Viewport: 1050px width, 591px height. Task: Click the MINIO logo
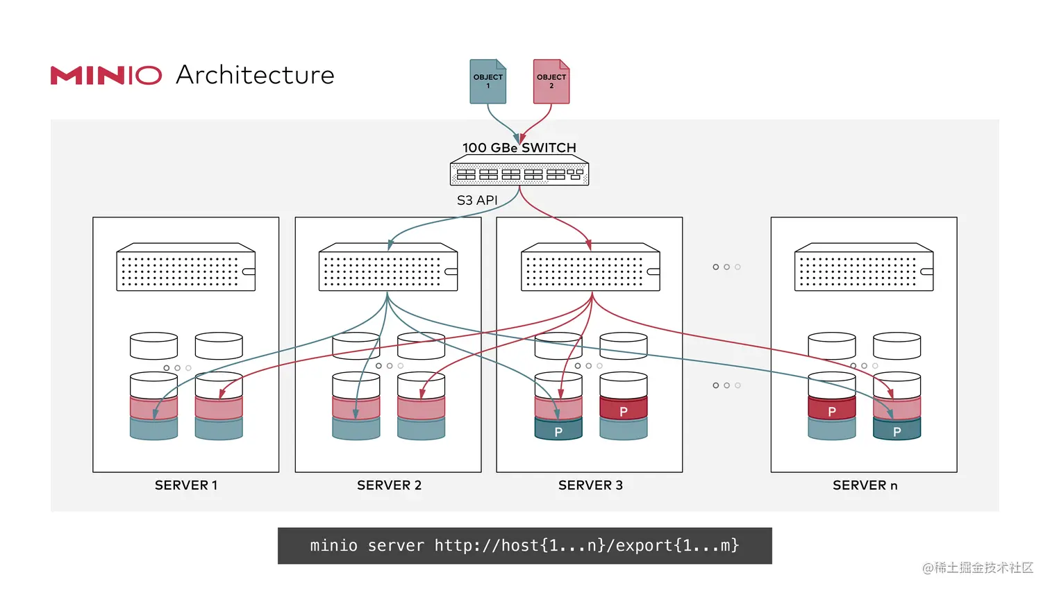[x=106, y=75]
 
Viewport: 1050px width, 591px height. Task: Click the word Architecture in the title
[x=255, y=75]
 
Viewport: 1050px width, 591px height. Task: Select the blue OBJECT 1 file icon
[x=487, y=82]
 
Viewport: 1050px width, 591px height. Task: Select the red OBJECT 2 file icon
[x=551, y=82]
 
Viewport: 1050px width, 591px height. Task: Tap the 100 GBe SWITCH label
[x=519, y=148]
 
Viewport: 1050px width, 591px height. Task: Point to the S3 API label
[x=477, y=200]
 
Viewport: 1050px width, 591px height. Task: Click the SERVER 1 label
[x=186, y=485]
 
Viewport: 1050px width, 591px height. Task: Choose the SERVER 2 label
[x=389, y=485]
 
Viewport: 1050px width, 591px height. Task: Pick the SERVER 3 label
[x=590, y=485]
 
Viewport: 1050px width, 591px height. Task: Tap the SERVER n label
[x=865, y=485]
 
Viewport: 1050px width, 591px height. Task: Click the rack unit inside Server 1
[x=185, y=267]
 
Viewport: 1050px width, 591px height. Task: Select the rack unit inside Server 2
[x=387, y=267]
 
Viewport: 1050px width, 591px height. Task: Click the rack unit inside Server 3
[x=590, y=267]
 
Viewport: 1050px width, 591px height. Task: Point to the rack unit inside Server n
[x=864, y=267]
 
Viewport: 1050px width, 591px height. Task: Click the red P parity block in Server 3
[x=624, y=410]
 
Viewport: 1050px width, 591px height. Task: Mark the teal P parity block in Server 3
[x=558, y=431]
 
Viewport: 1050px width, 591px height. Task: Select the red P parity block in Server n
[x=832, y=410]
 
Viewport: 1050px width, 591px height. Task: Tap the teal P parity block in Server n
[x=897, y=431]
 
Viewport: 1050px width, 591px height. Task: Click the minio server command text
[x=524, y=546]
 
